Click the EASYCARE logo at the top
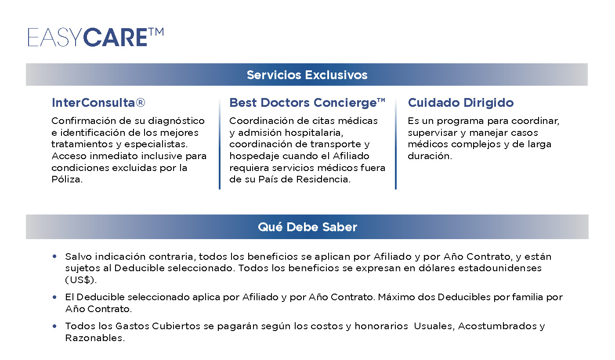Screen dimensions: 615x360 pyautogui.click(x=96, y=37)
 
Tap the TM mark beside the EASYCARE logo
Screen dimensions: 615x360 pyautogui.click(x=156, y=32)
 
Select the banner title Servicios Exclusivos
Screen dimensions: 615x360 pyautogui.click(x=307, y=75)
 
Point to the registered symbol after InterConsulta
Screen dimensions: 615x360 pyautogui.click(x=140, y=102)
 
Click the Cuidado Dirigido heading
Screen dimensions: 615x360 pyautogui.click(x=461, y=102)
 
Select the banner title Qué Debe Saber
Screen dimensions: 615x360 pyautogui.click(x=307, y=227)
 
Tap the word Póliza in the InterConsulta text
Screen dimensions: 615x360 pyautogui.click(x=67, y=179)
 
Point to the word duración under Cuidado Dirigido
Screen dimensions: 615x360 pyautogui.click(x=430, y=156)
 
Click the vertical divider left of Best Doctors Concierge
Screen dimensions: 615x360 pyautogui.click(x=220, y=143)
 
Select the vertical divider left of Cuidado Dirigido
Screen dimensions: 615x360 pyautogui.click(x=396, y=143)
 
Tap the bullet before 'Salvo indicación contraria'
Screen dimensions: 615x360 pyautogui.click(x=54, y=256)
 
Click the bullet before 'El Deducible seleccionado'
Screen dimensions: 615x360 pyautogui.click(x=54, y=297)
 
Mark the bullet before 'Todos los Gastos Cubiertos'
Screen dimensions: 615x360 pyautogui.click(x=54, y=326)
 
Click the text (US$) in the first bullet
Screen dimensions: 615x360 pyautogui.click(x=81, y=280)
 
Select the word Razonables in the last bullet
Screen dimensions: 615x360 pyautogui.click(x=95, y=338)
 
